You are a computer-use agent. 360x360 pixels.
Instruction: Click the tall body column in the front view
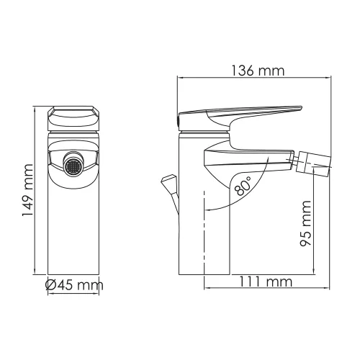[73, 230]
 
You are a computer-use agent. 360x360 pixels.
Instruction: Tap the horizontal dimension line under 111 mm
[261, 289]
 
